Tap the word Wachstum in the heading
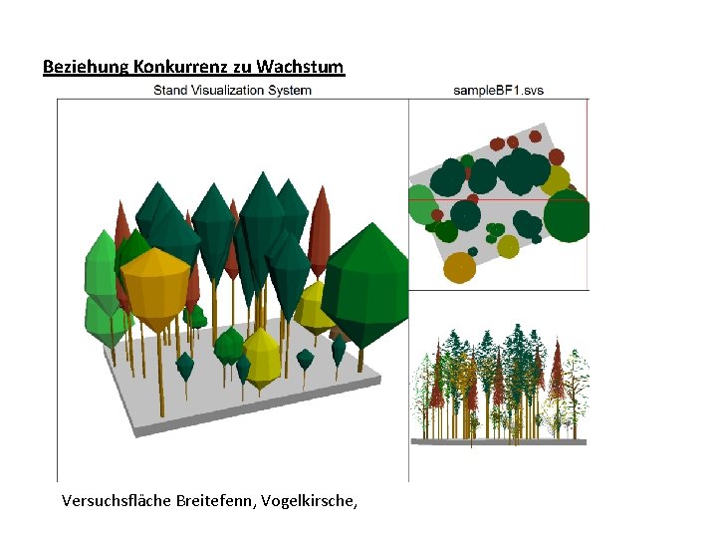(300, 68)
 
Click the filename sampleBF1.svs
(498, 91)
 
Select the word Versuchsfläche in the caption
(115, 500)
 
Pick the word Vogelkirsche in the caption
(309, 500)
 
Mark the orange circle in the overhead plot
(459, 267)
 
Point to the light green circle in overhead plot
(421, 203)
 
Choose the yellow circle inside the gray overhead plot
(508, 245)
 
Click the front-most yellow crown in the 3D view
(261, 359)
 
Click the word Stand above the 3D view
(169, 91)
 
